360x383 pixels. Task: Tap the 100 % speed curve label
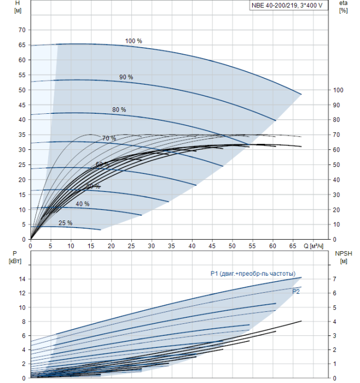pyautogui.click(x=133, y=41)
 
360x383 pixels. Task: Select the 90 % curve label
pyautogui.click(x=126, y=77)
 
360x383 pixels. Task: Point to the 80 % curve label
pyautogui.click(x=119, y=110)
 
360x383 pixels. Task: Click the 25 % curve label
pyautogui.click(x=65, y=223)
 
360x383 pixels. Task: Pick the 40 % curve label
pyautogui.click(x=83, y=204)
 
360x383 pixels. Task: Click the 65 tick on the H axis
pyautogui.click(x=22, y=45)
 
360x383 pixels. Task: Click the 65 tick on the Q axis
pyautogui.click(x=293, y=246)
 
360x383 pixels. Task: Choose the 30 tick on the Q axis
pyautogui.click(x=152, y=246)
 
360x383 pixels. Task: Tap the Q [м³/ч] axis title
pyautogui.click(x=316, y=246)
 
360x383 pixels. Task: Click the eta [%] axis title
pyautogui.click(x=343, y=7)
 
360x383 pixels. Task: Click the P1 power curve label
pyautogui.click(x=253, y=274)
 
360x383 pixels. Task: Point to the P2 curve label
pyautogui.click(x=295, y=292)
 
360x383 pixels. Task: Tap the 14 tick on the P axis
pyautogui.click(x=22, y=279)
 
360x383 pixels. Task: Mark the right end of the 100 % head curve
pyautogui.click(x=301, y=94)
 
